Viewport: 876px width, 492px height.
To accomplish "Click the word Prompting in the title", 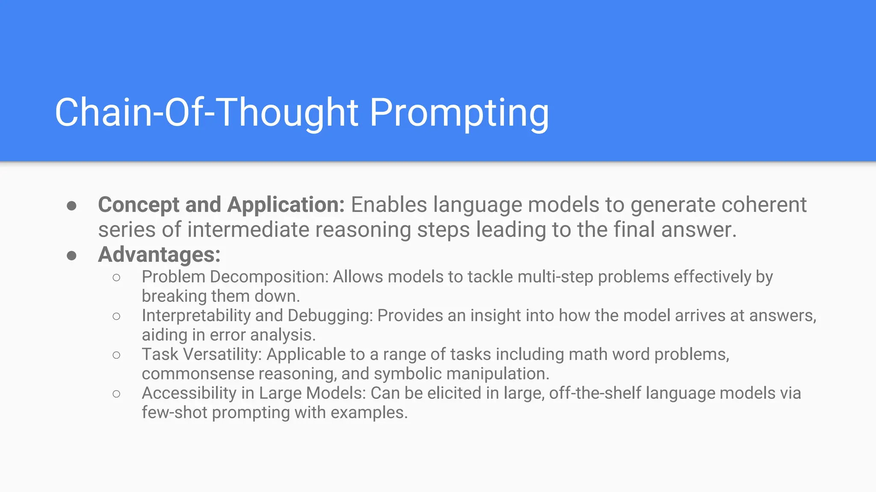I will [459, 113].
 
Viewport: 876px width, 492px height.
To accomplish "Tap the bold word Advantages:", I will [159, 255].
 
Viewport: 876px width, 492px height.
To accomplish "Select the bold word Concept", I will [138, 205].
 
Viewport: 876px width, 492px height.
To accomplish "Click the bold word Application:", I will [286, 205].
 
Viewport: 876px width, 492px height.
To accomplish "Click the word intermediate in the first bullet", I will [248, 230].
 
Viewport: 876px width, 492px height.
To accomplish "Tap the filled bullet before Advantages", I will [72, 255].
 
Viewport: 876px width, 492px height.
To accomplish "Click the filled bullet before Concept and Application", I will [72, 206].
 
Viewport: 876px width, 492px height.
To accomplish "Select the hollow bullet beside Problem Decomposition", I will [116, 278].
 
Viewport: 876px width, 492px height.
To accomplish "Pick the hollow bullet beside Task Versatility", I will [116, 355].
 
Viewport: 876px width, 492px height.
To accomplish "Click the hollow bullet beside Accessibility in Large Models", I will [116, 394].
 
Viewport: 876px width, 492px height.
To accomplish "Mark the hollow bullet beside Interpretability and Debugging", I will [116, 316].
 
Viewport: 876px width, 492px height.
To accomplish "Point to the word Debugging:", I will [330, 316].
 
